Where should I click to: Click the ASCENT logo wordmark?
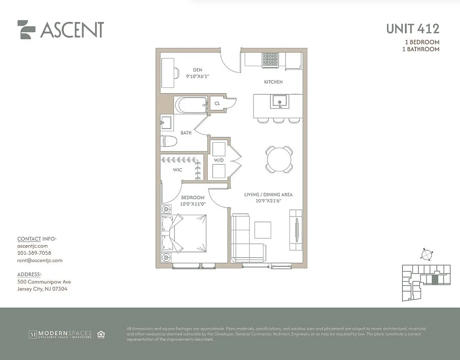tap(71, 30)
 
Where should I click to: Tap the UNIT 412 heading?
tap(412, 29)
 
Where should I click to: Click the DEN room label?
tap(198, 70)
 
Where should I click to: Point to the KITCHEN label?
tap(273, 82)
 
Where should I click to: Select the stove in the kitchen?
tap(270, 59)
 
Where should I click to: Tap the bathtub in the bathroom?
tap(191, 105)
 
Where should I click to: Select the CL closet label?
tap(217, 103)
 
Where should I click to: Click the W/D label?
tap(219, 160)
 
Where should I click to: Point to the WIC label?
tap(178, 170)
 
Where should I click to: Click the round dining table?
tap(278, 159)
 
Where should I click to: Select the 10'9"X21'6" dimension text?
tap(268, 201)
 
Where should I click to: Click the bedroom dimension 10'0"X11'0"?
tap(192, 204)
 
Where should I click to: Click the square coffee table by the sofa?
tap(263, 230)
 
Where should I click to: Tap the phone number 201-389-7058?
tap(34, 253)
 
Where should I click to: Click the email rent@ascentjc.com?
tap(40, 260)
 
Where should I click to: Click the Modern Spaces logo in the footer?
tap(61, 334)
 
